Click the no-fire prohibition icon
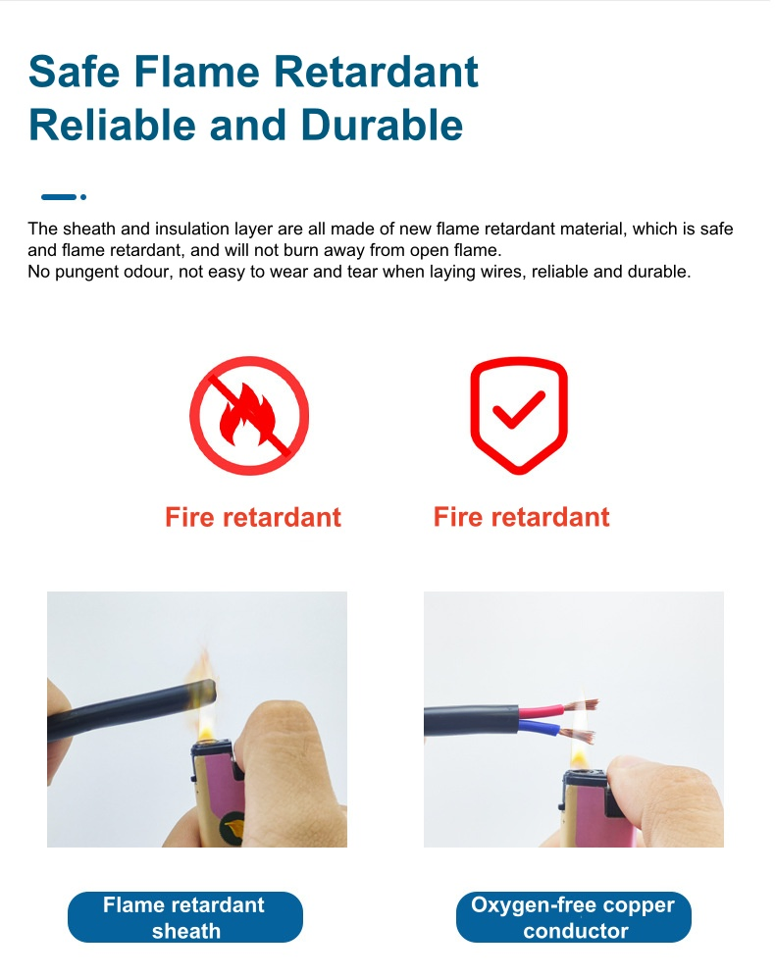coord(249,415)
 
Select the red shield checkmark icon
coord(519,415)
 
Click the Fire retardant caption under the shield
coord(521,517)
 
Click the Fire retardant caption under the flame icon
coord(253,517)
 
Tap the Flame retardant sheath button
coord(184,917)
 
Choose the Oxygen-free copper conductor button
coord(574,917)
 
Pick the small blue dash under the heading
coord(59,197)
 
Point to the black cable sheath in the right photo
coord(461,725)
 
